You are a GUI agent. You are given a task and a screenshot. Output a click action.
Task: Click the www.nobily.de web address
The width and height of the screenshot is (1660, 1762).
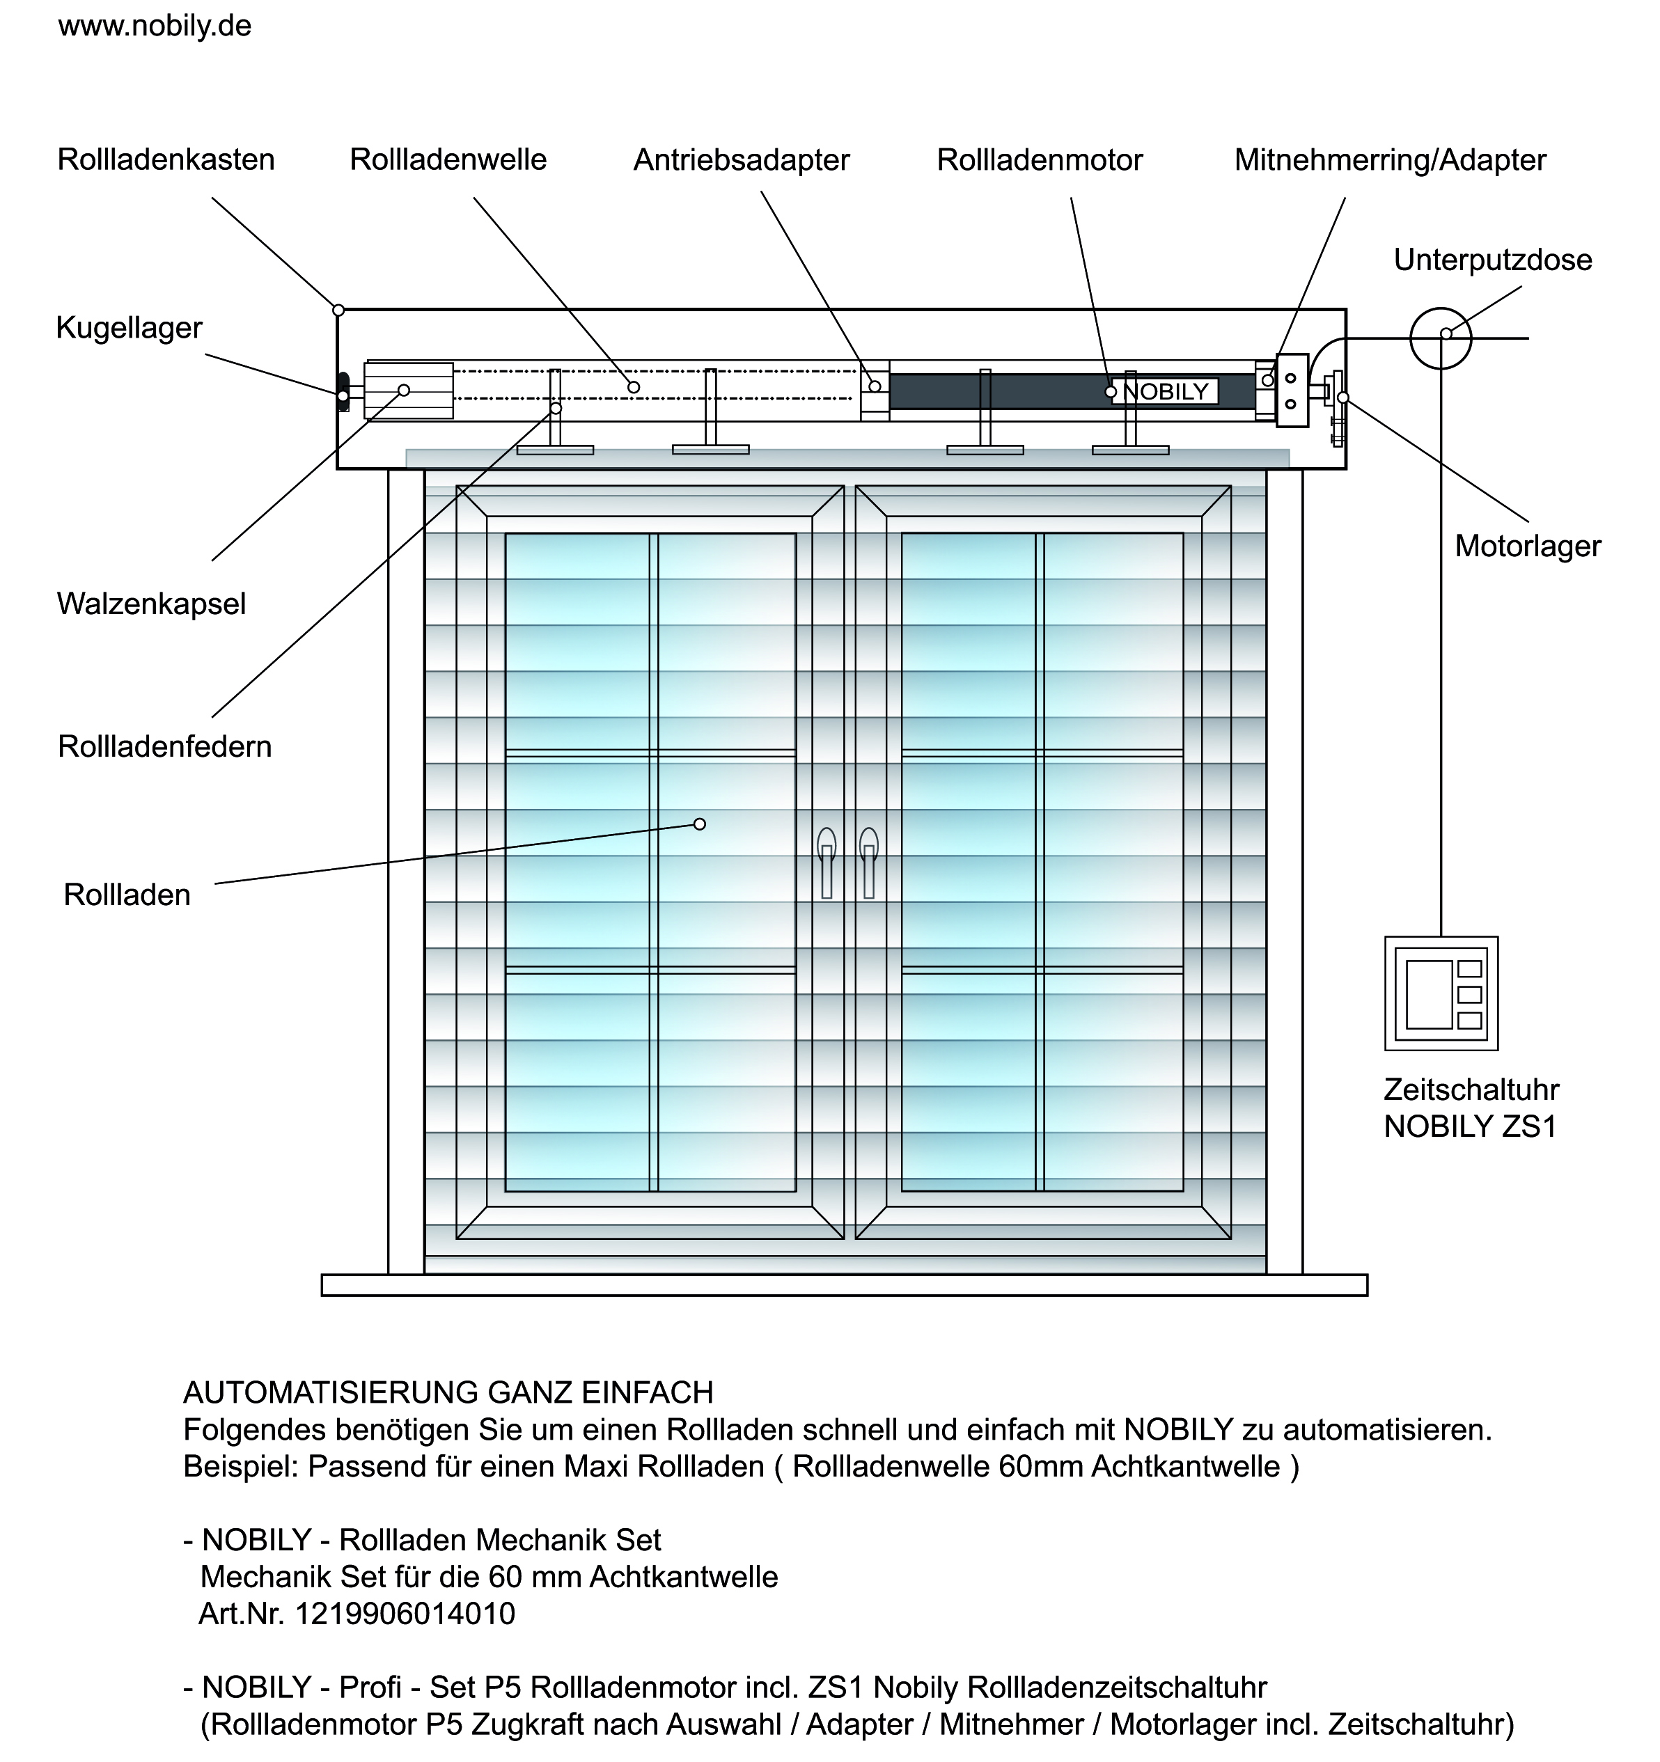(x=155, y=26)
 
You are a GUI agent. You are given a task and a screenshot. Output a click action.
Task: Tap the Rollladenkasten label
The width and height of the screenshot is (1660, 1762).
(x=166, y=159)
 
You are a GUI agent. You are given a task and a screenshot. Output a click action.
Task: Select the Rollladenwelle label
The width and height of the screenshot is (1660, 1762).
(x=448, y=159)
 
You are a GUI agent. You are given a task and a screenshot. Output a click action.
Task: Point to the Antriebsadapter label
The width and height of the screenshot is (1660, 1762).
(x=742, y=160)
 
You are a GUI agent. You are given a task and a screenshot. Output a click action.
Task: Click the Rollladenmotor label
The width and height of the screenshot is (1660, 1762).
(x=1040, y=160)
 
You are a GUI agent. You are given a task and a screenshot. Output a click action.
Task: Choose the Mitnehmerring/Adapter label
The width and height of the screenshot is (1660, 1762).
(x=1391, y=160)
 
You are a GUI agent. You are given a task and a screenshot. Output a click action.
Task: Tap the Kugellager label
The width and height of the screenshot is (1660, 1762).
(x=130, y=328)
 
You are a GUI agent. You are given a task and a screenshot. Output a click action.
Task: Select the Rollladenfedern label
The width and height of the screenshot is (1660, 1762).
(x=165, y=746)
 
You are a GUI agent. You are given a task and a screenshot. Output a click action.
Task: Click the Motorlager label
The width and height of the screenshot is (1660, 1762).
(x=1528, y=546)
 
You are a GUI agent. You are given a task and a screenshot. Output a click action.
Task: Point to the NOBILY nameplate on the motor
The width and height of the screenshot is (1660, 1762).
(x=1166, y=391)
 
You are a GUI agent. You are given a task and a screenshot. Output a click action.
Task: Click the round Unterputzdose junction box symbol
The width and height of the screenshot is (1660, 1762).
(x=1440, y=338)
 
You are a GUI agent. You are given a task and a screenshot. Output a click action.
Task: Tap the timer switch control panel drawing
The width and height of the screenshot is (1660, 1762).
(x=1441, y=993)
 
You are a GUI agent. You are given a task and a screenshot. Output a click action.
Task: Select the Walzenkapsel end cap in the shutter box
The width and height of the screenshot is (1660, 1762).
(x=409, y=390)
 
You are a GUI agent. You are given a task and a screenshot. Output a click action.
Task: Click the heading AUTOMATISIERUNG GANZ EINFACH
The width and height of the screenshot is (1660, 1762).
(x=448, y=1393)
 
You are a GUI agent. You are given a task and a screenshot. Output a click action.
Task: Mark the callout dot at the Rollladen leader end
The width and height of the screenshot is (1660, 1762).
(x=699, y=824)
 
